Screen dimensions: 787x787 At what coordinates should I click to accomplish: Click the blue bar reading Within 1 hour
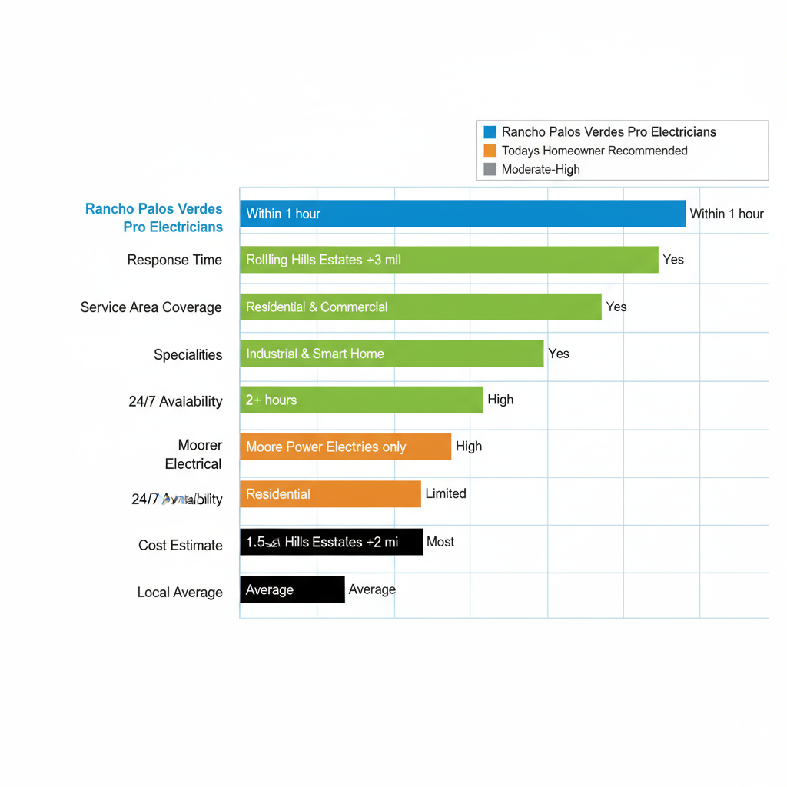pyautogui.click(x=462, y=214)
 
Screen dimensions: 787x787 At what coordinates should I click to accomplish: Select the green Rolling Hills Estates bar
pyautogui.click(x=449, y=260)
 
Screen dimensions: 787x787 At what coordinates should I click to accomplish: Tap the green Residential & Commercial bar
pyautogui.click(x=420, y=307)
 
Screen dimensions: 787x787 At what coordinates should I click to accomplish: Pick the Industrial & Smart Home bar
pyautogui.click(x=391, y=354)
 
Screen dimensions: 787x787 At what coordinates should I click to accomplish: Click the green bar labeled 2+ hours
pyautogui.click(x=361, y=400)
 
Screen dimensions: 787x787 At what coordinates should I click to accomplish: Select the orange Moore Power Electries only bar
pyautogui.click(x=345, y=447)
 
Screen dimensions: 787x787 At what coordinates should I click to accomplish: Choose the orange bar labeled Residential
pyautogui.click(x=330, y=494)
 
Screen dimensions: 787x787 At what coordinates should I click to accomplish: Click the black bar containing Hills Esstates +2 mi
pyautogui.click(x=331, y=542)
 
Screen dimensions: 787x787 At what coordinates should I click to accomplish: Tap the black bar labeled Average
pyautogui.click(x=292, y=589)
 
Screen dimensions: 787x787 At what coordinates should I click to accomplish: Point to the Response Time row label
pyautogui.click(x=174, y=260)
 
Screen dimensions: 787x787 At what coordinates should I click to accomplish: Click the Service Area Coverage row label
pyautogui.click(x=151, y=307)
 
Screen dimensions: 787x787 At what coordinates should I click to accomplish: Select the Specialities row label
pyautogui.click(x=188, y=354)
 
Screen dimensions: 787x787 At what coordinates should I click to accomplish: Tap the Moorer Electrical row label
pyautogui.click(x=194, y=454)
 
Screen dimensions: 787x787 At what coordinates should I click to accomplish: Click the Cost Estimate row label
pyautogui.click(x=180, y=545)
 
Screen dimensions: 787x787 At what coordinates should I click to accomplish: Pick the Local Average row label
pyautogui.click(x=180, y=593)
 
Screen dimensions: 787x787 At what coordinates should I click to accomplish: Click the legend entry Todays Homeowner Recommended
pyautogui.click(x=594, y=151)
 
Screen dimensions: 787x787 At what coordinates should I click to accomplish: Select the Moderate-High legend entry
pyautogui.click(x=540, y=169)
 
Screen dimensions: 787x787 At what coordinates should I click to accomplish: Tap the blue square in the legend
pyautogui.click(x=490, y=132)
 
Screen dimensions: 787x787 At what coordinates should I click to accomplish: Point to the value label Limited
pyautogui.click(x=446, y=493)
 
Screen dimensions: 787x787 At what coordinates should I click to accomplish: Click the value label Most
pyautogui.click(x=440, y=542)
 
